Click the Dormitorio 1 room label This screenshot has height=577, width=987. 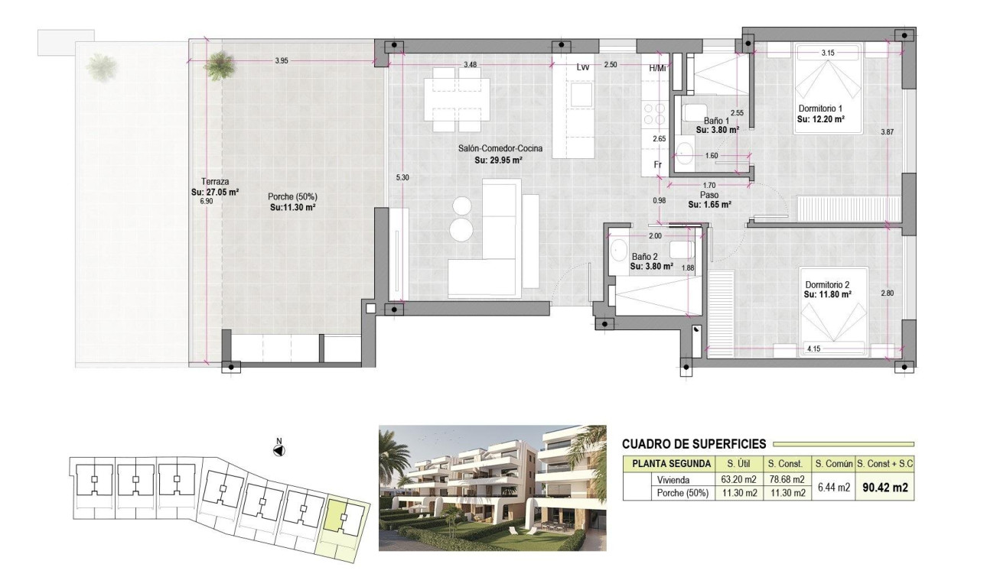point(821,109)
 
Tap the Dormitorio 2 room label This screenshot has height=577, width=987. point(827,284)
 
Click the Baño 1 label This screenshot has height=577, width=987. point(716,121)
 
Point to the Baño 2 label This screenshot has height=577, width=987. point(644,257)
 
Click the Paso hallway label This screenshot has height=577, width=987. point(709,195)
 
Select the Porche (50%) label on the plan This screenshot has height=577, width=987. point(292,196)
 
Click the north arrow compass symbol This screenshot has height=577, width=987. point(279,450)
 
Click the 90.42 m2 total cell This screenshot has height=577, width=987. point(885,486)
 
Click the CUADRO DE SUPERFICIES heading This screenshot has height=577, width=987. point(694,444)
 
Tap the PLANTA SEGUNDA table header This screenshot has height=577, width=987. point(669,464)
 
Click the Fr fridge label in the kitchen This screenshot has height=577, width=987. point(656,165)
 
